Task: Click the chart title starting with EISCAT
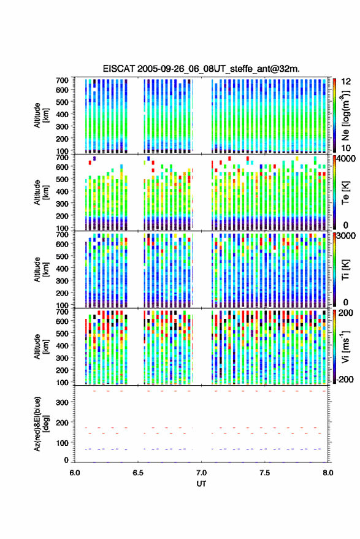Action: pyautogui.click(x=201, y=69)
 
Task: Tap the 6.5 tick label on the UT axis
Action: pyautogui.click(x=138, y=473)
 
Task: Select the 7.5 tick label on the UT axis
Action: pyautogui.click(x=264, y=473)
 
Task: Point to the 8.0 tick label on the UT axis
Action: pyautogui.click(x=328, y=473)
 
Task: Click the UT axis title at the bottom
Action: pyautogui.click(x=201, y=484)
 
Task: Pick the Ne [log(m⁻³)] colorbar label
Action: pyautogui.click(x=345, y=115)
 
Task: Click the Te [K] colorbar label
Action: pyautogui.click(x=345, y=193)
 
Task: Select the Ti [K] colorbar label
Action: pyautogui.click(x=345, y=270)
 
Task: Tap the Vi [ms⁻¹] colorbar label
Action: pyautogui.click(x=345, y=346)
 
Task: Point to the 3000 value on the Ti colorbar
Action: pyautogui.click(x=346, y=236)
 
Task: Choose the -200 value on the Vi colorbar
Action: pyautogui.click(x=344, y=379)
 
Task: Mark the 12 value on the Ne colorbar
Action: pyautogui.click(x=346, y=82)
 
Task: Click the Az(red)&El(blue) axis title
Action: pyautogui.click(x=41, y=424)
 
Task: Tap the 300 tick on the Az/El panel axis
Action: pyautogui.click(x=62, y=402)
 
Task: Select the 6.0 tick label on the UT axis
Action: pyautogui.click(x=75, y=473)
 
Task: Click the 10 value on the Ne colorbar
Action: pyautogui.click(x=346, y=148)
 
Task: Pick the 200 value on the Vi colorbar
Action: pyautogui.click(x=346, y=313)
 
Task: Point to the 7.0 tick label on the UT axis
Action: pyautogui.click(x=201, y=473)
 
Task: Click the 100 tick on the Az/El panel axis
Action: pyautogui.click(x=62, y=443)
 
